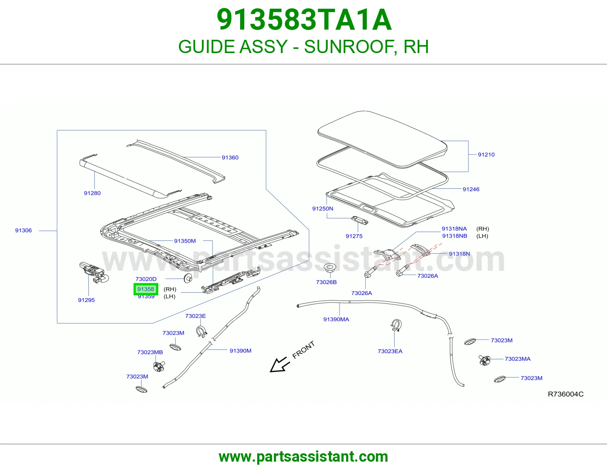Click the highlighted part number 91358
(x=146, y=289)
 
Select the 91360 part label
(x=230, y=158)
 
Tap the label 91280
(x=92, y=193)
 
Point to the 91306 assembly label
(x=24, y=230)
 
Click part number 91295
(x=86, y=300)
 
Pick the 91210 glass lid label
(x=486, y=155)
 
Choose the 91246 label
(x=471, y=190)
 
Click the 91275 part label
(x=354, y=237)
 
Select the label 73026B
(x=326, y=282)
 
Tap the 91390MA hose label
(x=336, y=320)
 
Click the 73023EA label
(x=390, y=351)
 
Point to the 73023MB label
(x=150, y=352)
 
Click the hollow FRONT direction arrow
(x=280, y=365)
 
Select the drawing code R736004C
(x=566, y=394)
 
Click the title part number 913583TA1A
(x=304, y=20)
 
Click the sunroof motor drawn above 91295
(x=94, y=272)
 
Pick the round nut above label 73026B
(x=330, y=268)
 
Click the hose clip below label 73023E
(x=201, y=331)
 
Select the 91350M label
(x=185, y=241)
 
